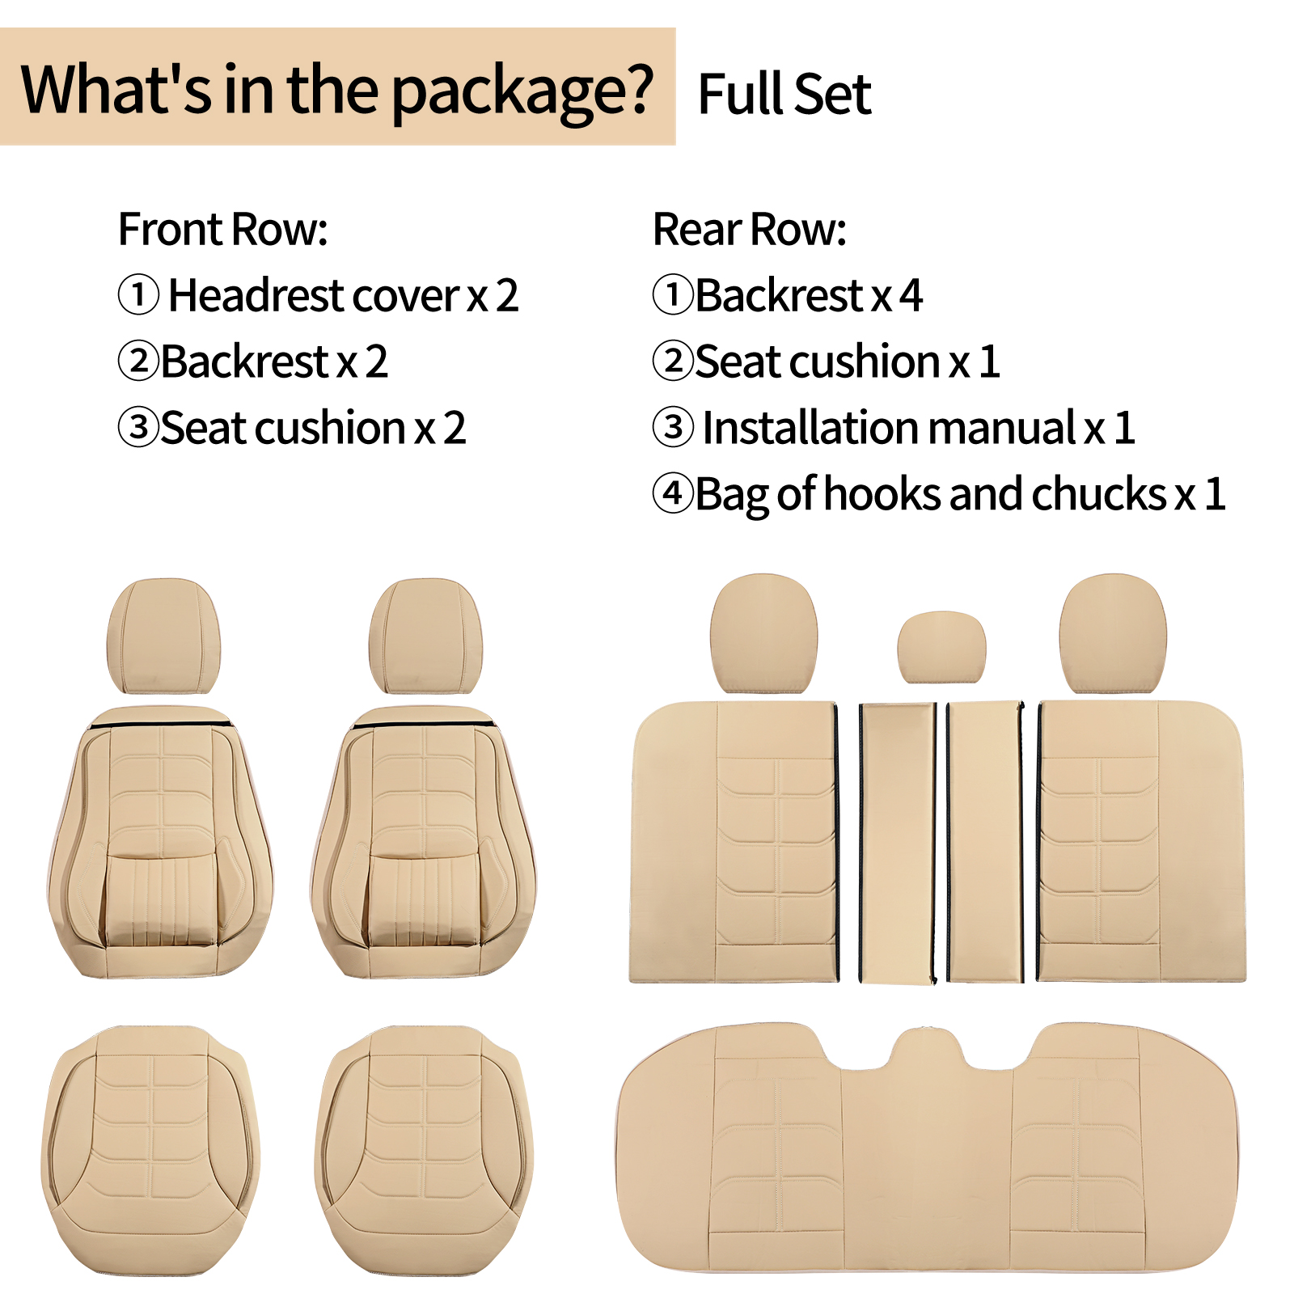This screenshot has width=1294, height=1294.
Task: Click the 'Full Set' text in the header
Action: pos(784,94)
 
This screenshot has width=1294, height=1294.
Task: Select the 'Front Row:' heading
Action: pos(223,229)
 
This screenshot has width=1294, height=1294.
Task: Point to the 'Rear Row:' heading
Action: pos(750,229)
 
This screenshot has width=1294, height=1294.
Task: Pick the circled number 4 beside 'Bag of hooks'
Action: pos(673,493)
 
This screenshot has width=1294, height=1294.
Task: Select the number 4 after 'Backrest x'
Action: pos(911,295)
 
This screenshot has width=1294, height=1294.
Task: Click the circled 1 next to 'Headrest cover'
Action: pos(138,294)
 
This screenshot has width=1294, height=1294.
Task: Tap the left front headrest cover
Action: pos(163,636)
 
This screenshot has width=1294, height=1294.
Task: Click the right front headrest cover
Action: pos(425,636)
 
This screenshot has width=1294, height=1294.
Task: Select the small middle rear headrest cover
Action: pos(941,648)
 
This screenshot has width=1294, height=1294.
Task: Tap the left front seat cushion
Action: pos(151,1150)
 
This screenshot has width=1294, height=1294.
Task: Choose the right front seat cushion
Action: pos(424,1150)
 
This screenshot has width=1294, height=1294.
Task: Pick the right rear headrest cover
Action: pos(1113,634)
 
